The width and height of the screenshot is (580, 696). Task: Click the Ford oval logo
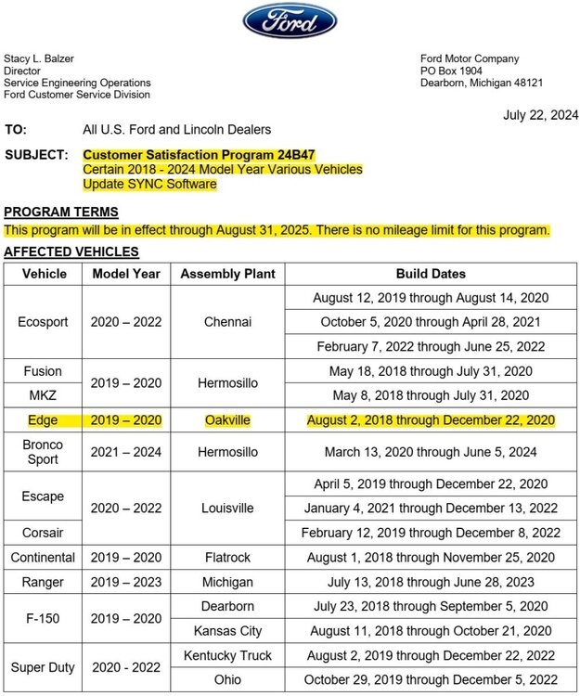(290, 20)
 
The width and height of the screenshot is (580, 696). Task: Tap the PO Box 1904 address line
(451, 71)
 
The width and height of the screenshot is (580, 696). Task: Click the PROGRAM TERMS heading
(61, 212)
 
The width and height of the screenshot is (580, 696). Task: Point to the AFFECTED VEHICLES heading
(71, 251)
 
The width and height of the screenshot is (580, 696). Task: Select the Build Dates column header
(431, 274)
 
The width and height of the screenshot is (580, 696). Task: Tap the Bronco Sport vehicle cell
(43, 452)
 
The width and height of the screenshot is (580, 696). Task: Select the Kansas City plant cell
(227, 631)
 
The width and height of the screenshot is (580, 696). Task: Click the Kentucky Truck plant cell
(227, 655)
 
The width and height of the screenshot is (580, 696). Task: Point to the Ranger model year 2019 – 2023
(126, 582)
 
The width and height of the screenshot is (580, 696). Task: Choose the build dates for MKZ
(431, 395)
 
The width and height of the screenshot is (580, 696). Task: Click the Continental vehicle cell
(43, 558)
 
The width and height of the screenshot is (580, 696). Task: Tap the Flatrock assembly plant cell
(227, 558)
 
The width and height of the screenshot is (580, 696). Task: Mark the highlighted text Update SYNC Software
(149, 184)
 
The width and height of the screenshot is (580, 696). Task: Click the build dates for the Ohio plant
(431, 679)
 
